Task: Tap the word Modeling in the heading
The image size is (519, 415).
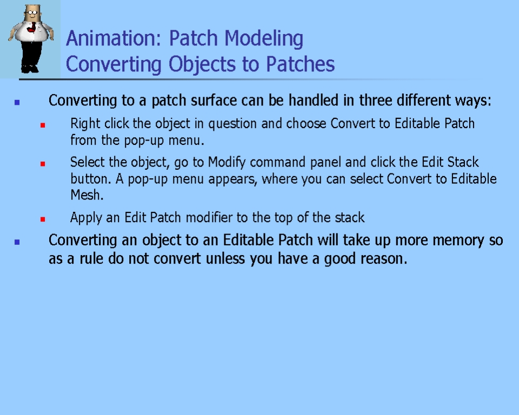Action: [x=264, y=39]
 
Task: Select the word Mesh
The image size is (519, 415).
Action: [x=86, y=195]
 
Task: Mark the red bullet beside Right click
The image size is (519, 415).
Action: [x=43, y=125]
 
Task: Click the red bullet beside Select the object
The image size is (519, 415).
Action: [x=43, y=164]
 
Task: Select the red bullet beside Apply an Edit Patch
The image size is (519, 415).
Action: [x=43, y=219]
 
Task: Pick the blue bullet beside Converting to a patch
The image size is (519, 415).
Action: [x=17, y=103]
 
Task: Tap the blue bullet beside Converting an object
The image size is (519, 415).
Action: [x=17, y=242]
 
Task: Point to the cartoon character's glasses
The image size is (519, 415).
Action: [x=32, y=13]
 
